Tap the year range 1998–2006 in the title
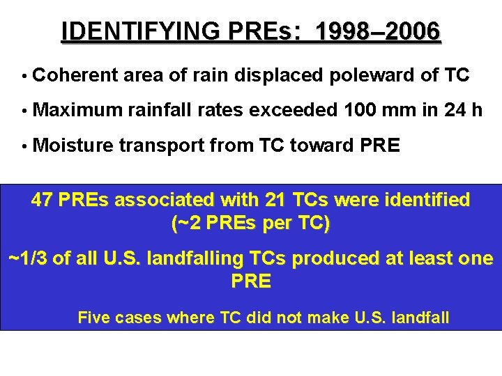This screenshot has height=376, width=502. coord(378,31)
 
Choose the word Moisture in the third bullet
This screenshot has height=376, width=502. coord(73,146)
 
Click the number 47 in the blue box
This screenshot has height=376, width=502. coord(43,201)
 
